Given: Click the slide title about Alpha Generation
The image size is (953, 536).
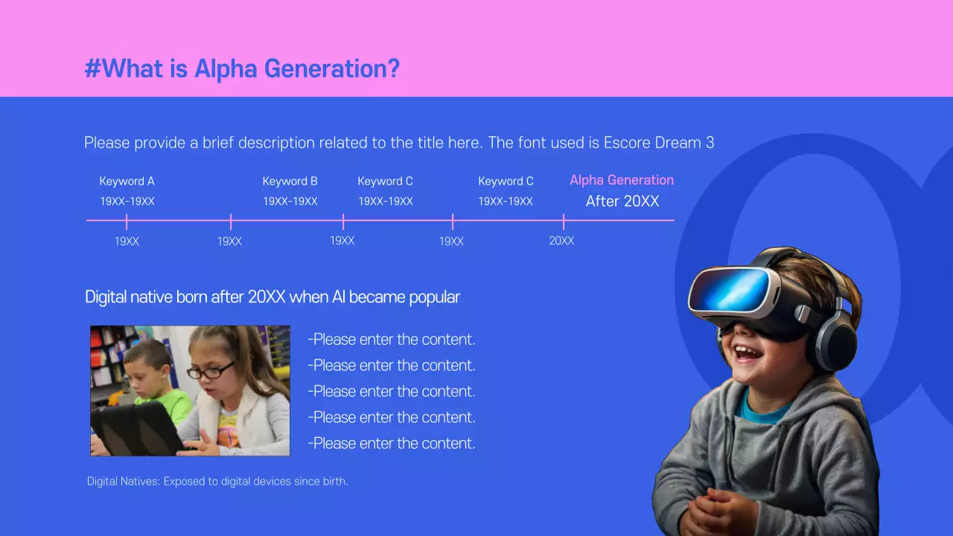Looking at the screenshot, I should pos(242,69).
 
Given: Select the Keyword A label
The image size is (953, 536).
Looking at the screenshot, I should pos(127,181).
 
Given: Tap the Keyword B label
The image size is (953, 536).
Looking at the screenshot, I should pos(290,181).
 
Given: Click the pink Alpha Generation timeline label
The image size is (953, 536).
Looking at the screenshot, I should pos(622,180).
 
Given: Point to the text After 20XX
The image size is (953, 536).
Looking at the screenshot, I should pos(622,201).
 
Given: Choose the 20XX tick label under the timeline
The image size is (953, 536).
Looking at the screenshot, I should pos(561,240).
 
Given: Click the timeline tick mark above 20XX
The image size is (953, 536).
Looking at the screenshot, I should pos(564,221).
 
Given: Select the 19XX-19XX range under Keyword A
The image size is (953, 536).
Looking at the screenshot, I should pos(127,202).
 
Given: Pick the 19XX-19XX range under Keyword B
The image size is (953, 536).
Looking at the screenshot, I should pos(290,202).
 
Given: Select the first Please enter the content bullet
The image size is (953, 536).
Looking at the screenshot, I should pos(392,339).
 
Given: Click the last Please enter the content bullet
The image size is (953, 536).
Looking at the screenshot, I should pos(392,444).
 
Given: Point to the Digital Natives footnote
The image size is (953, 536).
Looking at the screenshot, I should pos(217,482).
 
